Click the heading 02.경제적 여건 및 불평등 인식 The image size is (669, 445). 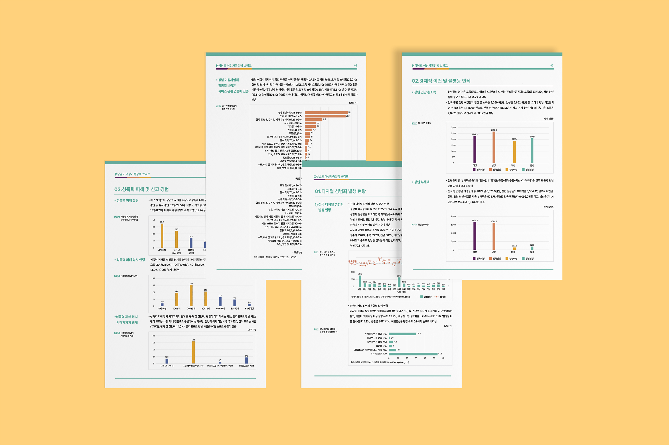point(441,81)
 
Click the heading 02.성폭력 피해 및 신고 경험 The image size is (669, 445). point(141,189)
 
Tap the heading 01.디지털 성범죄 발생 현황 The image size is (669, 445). point(340,191)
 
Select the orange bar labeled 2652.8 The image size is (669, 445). point(494,147)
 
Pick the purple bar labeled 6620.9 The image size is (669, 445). point(474,236)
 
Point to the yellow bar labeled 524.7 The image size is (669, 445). point(514,249)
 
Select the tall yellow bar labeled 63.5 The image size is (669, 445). point(193,352)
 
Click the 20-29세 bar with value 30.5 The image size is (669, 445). point(191,295)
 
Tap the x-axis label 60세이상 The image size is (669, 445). point(249,308)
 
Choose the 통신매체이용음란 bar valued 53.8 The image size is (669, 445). point(413,354)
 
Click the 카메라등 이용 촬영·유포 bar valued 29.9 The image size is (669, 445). point(402,334)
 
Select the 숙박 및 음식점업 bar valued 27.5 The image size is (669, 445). point(326,113)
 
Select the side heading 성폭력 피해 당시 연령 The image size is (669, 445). point(131,260)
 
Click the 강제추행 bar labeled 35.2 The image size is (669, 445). point(162,236)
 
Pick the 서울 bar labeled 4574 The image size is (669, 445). point(360,281)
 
